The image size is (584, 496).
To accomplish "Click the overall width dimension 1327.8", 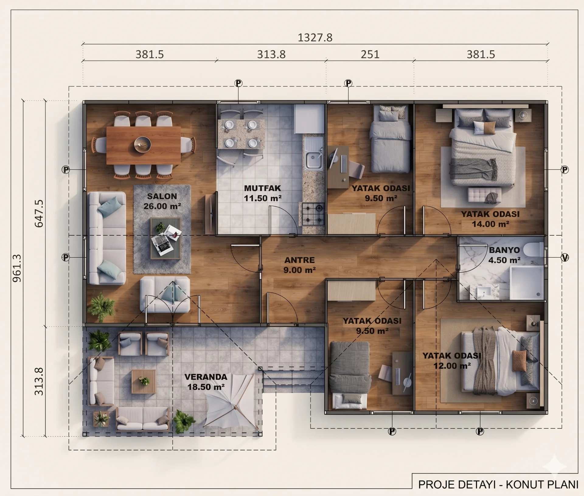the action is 315,37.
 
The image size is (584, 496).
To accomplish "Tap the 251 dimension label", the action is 370,54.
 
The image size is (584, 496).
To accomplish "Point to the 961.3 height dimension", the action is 17,268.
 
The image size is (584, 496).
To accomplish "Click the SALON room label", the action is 162,196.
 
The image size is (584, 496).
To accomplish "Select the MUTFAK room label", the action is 262,188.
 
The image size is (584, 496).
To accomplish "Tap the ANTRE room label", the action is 300,260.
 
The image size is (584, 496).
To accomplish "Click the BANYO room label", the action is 504,250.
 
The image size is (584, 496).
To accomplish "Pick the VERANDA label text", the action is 206,377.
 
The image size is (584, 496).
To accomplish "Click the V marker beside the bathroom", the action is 565,258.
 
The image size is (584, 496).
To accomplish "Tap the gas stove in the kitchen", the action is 313,214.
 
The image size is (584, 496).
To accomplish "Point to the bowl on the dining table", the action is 143,144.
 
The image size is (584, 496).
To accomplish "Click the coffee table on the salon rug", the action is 166,238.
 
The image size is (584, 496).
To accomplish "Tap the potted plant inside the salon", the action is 101,307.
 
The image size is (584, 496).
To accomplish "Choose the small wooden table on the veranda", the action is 144,381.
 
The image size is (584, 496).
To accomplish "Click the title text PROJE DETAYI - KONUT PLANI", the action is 498,484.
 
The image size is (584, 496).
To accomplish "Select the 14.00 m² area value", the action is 490,224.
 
